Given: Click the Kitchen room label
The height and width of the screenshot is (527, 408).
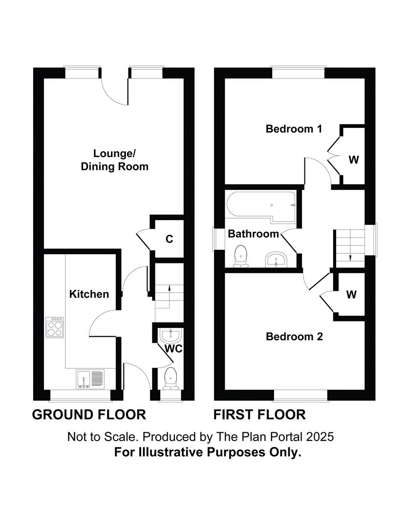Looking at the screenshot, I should [89, 294].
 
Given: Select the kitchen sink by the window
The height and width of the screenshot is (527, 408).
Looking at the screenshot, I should [90, 379].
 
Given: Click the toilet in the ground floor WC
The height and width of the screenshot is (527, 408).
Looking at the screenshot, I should [171, 378].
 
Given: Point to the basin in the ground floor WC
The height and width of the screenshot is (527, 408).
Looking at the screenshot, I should [171, 335].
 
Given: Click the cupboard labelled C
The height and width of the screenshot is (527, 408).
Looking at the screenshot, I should [169, 239].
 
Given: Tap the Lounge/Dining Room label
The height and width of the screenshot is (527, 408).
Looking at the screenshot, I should [114, 160].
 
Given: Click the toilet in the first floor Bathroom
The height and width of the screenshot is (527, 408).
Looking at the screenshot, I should [240, 256].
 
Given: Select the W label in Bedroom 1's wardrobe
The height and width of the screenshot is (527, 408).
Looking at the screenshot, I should [353, 160].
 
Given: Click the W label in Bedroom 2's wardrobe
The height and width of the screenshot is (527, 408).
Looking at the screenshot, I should [351, 294].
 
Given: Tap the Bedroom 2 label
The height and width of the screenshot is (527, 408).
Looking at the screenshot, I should [294, 337].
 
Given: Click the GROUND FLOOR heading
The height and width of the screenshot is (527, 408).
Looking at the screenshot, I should [89, 415].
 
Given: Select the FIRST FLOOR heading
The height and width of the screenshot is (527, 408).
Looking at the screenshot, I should [259, 415].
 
